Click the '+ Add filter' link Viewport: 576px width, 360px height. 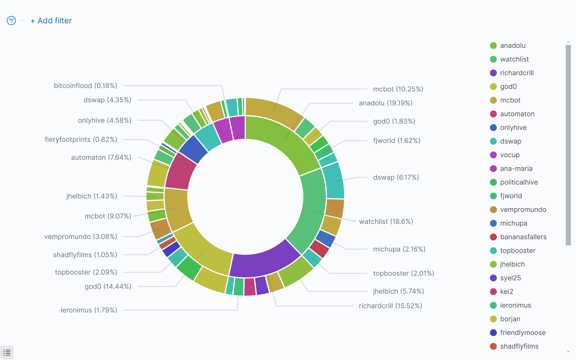coord(51,21)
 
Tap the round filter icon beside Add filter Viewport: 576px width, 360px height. coord(11,21)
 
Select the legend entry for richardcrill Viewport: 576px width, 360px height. coord(516,73)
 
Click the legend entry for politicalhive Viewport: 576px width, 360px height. coord(519,182)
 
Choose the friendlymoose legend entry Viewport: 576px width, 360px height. coord(523,333)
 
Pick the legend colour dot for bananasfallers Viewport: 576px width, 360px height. coord(493,237)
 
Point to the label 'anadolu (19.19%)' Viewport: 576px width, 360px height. coord(385,103)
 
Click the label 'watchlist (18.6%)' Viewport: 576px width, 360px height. coord(386,222)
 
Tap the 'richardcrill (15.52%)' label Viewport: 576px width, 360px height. coord(390,306)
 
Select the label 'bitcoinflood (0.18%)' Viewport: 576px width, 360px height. coord(85,86)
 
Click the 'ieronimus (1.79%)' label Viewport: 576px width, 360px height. coord(89,310)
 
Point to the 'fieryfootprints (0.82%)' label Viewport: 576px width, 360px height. coord(81,140)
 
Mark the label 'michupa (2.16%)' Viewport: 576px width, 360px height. coord(399,249)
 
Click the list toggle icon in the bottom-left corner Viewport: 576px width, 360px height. coord(7,353)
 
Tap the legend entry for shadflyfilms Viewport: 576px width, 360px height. coord(519,346)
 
